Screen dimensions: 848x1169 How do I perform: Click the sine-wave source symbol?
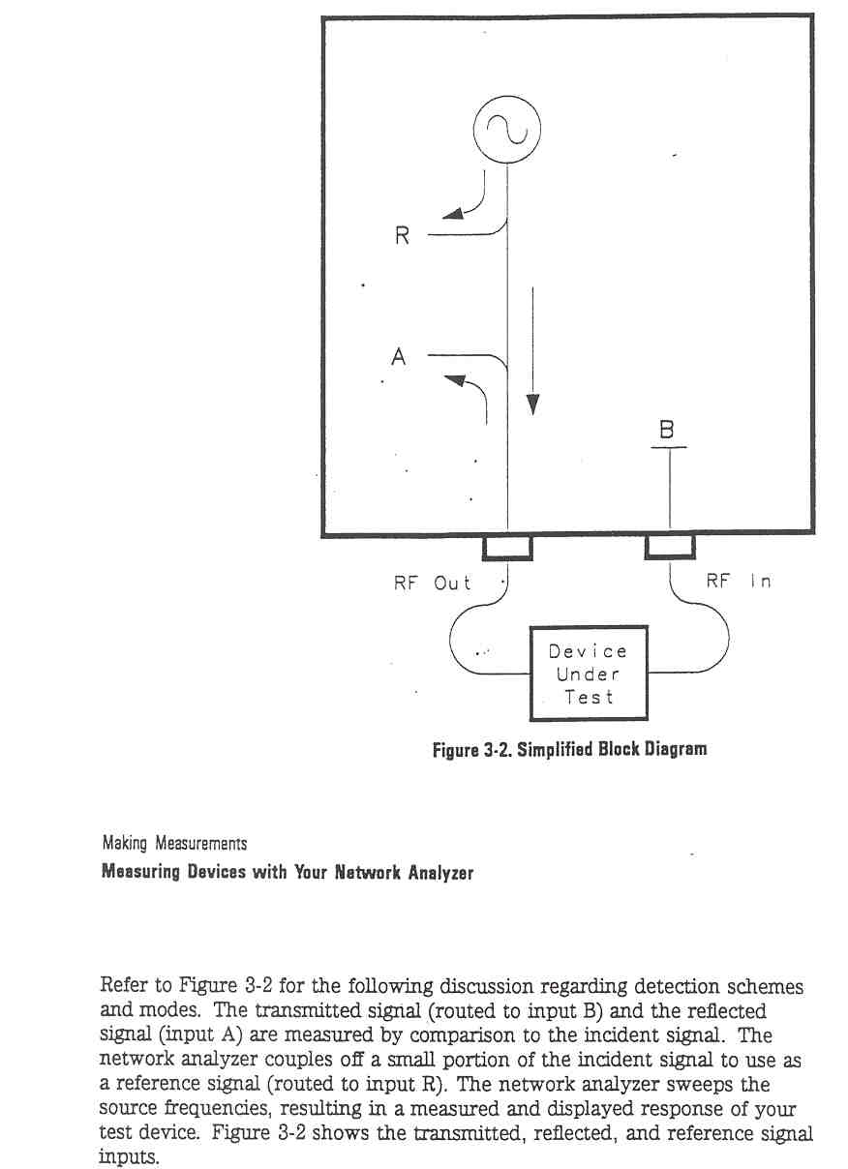506,130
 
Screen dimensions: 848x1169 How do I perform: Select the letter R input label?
402,235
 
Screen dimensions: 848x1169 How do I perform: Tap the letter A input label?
399,357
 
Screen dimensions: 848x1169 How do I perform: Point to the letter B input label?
667,430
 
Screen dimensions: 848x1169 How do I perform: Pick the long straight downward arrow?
532,350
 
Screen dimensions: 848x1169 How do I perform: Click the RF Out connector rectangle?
507,548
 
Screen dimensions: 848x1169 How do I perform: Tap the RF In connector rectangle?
670,547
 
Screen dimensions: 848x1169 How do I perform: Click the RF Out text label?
433,583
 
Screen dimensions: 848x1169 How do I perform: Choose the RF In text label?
739,581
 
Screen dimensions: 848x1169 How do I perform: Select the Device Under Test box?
589,674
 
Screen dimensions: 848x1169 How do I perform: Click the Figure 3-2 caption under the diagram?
569,749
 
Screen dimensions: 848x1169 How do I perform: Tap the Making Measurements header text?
174,844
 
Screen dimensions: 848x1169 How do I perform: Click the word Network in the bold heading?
369,872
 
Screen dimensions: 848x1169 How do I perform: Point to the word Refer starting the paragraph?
122,985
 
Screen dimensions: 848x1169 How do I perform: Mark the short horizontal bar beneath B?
668,447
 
